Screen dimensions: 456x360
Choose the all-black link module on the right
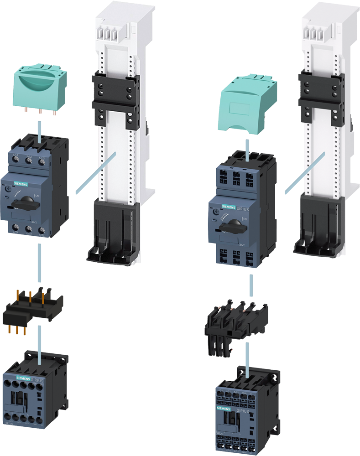pyautogui.click(x=236, y=321)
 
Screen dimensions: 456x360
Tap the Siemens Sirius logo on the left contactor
pyautogui.click(x=30, y=379)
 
